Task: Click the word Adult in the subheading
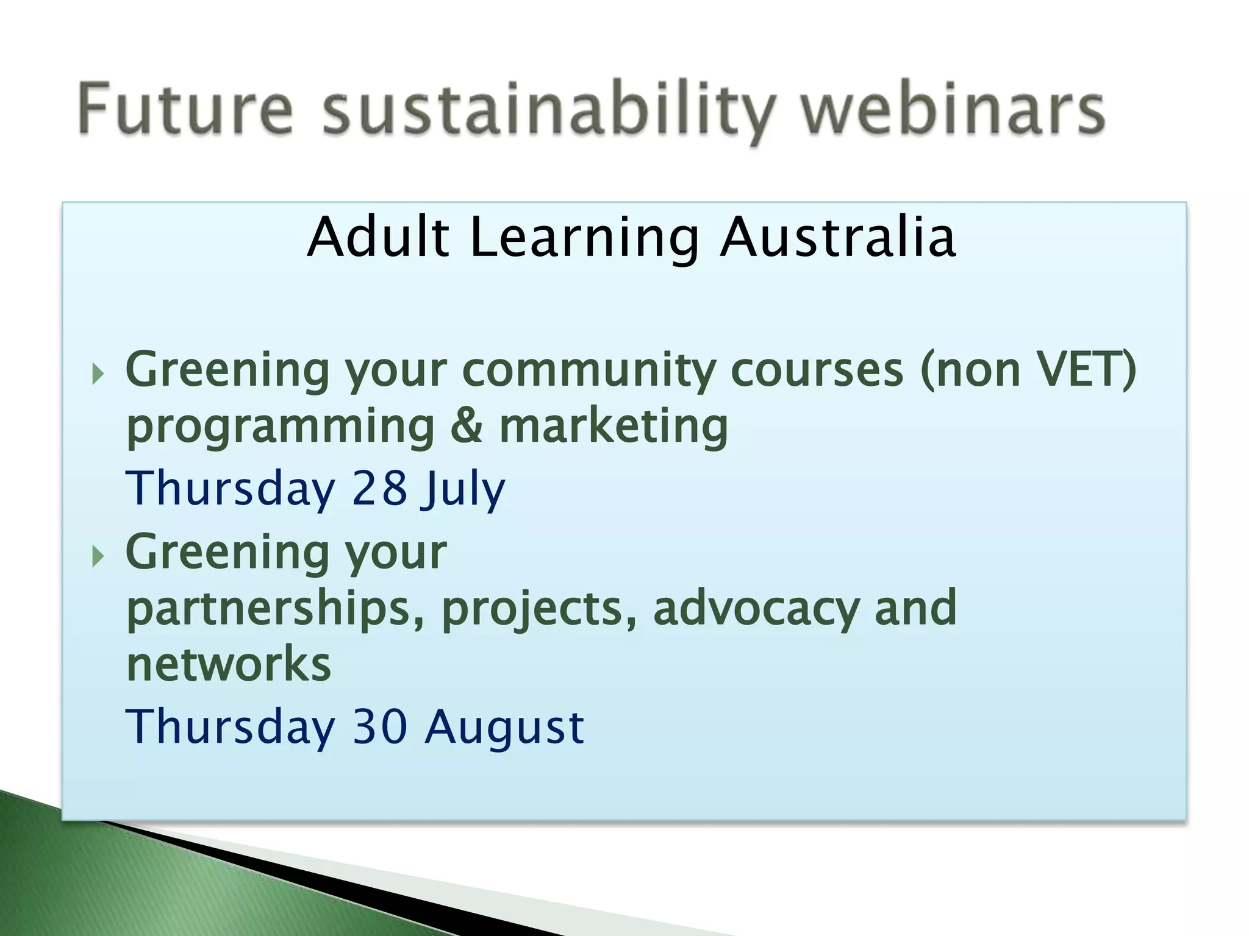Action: tap(378, 238)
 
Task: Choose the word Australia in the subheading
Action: tap(837, 238)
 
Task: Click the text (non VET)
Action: tap(1028, 369)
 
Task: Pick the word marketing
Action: tap(614, 428)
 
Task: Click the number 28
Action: tap(379, 488)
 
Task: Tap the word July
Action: tap(463, 491)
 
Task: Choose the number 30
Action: tap(380, 726)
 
